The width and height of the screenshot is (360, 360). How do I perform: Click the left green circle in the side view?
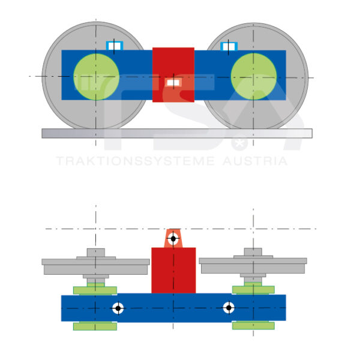click(x=96, y=76)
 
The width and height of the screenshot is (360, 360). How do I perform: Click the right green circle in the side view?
click(x=254, y=76)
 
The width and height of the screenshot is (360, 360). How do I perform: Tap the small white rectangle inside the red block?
click(x=173, y=82)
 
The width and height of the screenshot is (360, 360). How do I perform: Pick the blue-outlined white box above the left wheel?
click(x=114, y=46)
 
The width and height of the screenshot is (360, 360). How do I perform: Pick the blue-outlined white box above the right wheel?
click(x=229, y=46)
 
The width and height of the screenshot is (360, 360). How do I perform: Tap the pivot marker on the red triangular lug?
click(x=173, y=238)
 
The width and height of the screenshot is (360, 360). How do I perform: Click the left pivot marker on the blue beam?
click(x=118, y=308)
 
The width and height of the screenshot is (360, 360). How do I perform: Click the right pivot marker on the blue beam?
click(x=229, y=308)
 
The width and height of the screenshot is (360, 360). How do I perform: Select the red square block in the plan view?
click(x=173, y=270)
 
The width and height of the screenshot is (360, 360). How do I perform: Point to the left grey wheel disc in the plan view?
click(x=96, y=265)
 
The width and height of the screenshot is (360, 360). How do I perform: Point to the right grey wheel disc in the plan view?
click(x=253, y=264)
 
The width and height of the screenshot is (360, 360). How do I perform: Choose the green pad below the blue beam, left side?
click(x=95, y=326)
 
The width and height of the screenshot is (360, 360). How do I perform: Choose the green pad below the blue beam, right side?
click(x=253, y=326)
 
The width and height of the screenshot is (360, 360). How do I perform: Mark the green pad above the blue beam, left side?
click(x=95, y=290)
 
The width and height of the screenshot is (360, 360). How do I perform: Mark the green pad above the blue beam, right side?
click(x=253, y=290)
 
